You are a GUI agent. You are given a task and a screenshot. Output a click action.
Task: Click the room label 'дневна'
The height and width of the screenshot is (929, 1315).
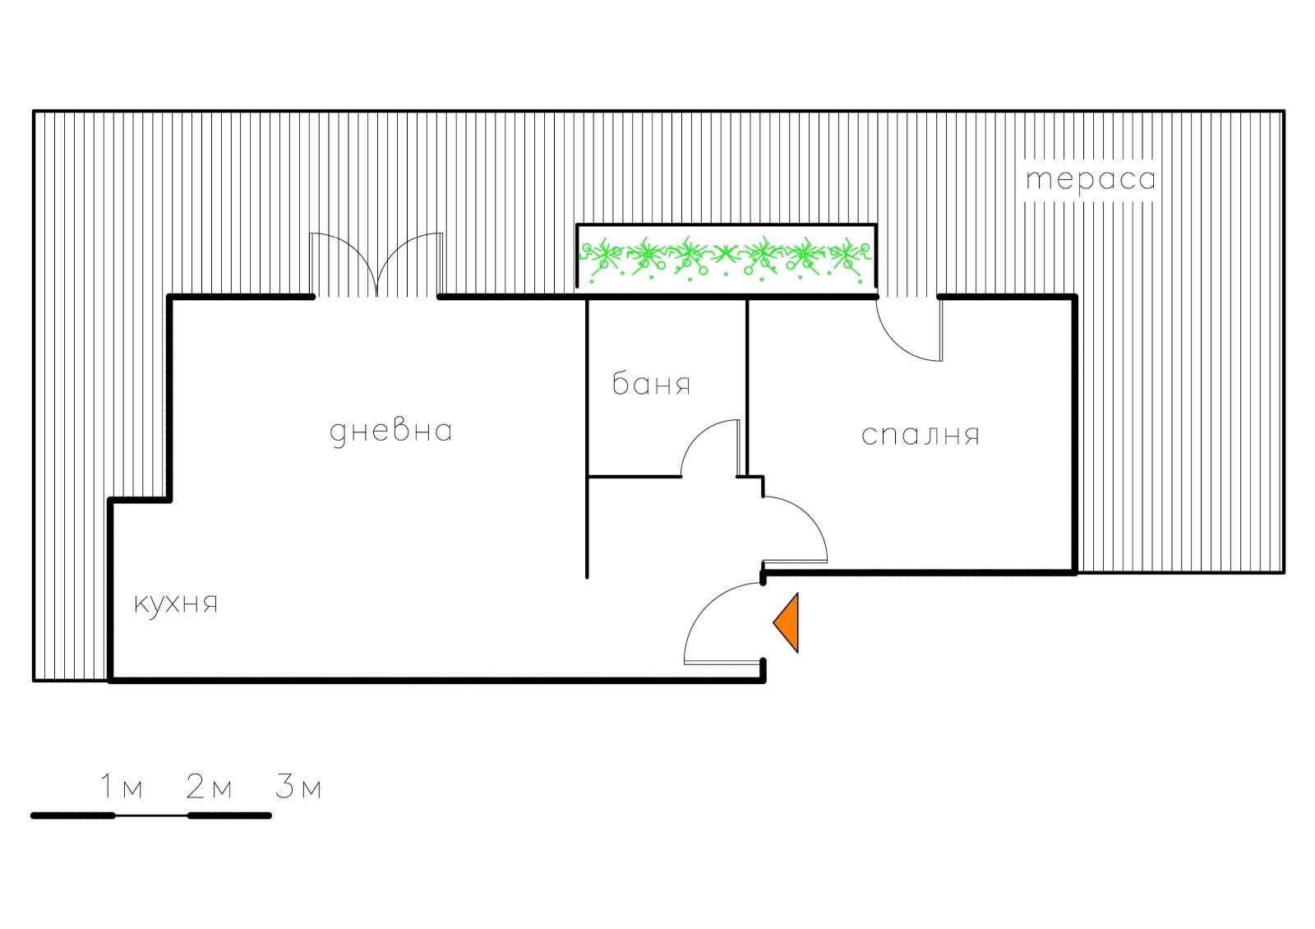390,432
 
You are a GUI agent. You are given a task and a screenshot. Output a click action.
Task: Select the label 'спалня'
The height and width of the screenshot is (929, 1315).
920,436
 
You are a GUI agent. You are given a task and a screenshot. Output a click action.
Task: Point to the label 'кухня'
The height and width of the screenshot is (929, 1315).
176,603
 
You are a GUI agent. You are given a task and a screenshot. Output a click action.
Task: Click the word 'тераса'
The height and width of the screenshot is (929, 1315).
1091,179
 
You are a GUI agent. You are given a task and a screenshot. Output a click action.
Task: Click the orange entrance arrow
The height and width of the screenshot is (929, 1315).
786,623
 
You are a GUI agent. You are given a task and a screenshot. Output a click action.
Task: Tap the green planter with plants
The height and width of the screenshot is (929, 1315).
727,258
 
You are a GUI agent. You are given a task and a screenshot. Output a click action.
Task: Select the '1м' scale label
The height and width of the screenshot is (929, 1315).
122,786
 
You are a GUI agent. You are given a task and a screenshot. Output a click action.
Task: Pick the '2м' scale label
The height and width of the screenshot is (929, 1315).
209,786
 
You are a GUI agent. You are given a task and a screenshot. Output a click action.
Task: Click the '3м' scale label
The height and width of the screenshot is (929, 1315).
298,786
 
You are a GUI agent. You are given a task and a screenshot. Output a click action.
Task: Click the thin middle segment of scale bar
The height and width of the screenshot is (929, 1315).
151,816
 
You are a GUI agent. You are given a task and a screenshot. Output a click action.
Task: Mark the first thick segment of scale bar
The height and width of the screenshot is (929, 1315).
73,816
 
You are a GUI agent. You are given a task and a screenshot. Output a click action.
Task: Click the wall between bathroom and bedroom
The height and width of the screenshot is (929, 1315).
747,387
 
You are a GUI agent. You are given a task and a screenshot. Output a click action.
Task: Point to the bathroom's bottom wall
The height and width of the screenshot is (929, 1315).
634,476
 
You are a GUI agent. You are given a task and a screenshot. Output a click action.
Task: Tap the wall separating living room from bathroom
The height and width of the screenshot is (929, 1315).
587,438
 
